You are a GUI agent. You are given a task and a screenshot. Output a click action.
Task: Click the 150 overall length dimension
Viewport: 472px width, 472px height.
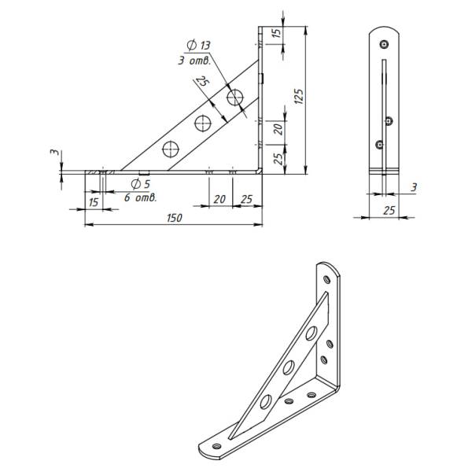(x=175, y=218)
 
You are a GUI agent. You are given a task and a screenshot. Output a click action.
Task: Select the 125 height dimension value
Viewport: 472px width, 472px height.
(x=299, y=96)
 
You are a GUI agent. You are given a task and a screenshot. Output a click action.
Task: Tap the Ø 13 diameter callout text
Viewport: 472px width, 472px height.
(x=198, y=45)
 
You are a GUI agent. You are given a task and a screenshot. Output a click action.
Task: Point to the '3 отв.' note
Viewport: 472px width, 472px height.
(x=194, y=61)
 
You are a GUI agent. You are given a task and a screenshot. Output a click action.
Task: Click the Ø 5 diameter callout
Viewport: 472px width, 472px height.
(x=140, y=183)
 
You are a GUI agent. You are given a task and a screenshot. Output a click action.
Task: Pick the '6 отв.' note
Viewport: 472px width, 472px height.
(x=141, y=197)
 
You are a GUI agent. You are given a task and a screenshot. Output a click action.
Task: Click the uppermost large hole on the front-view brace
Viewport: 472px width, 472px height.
(x=235, y=98)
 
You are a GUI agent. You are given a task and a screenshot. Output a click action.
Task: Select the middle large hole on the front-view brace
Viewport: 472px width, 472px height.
(x=203, y=123)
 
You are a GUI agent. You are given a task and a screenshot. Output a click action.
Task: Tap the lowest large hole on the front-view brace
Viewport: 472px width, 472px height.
(x=171, y=149)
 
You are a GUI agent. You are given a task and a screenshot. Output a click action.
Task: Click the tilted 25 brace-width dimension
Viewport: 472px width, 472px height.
(x=202, y=82)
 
